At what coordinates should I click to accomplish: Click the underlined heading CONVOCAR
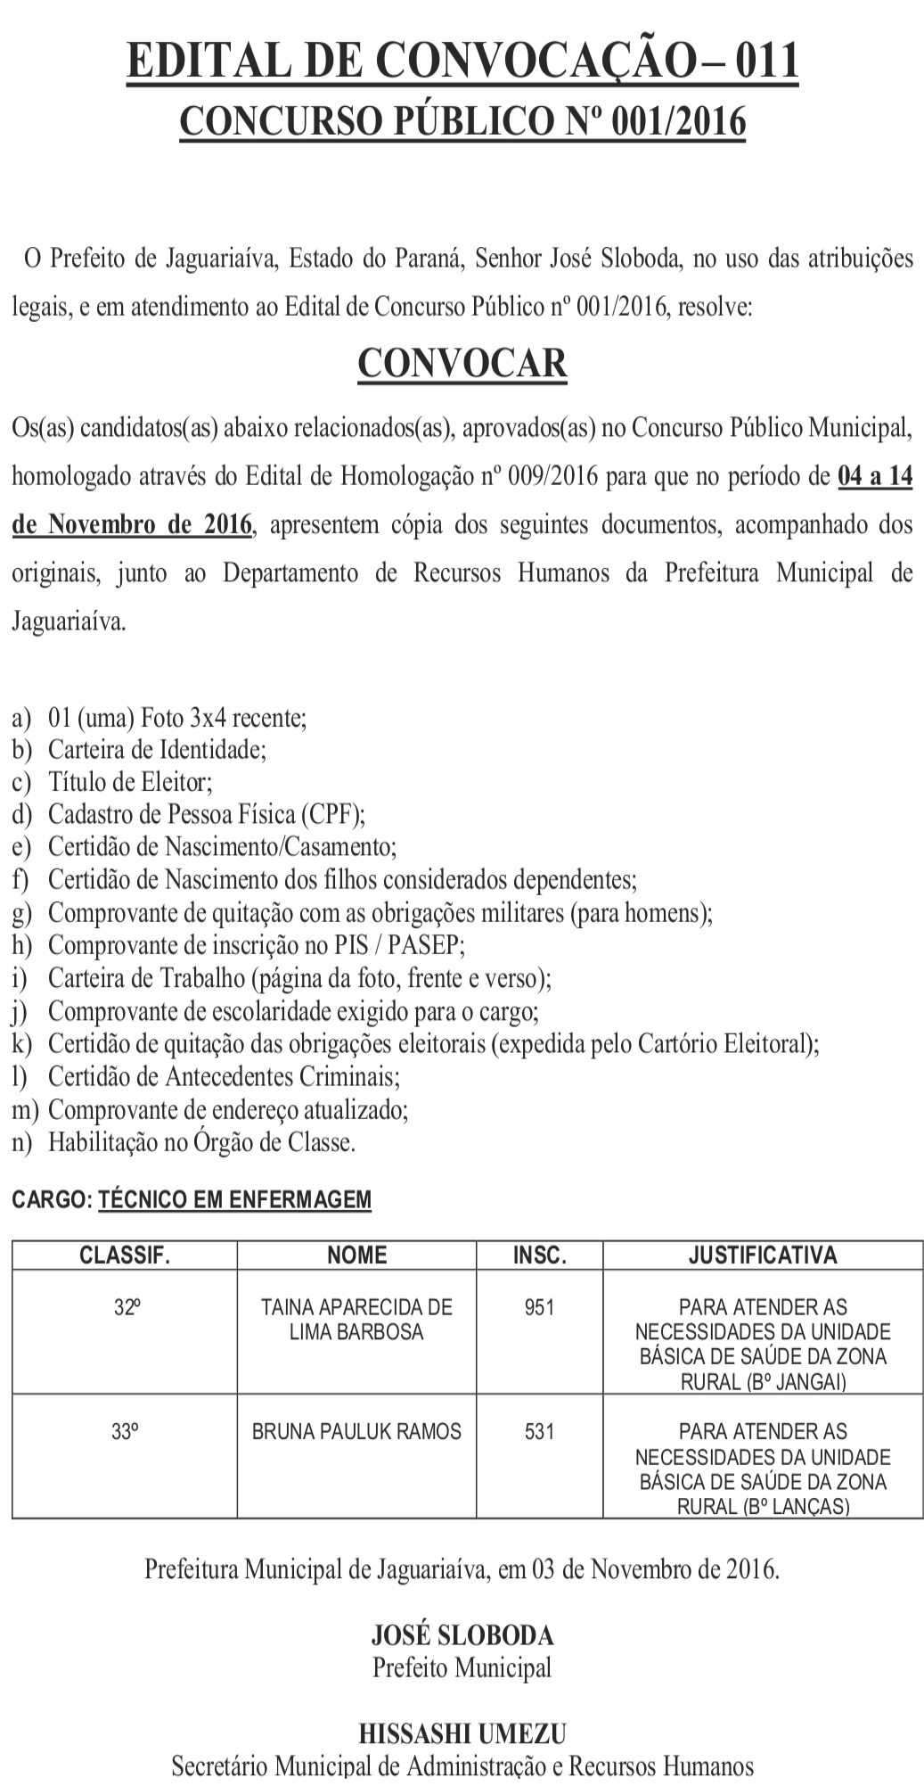462,363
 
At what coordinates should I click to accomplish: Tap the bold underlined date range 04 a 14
875,476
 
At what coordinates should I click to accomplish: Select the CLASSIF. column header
125,1255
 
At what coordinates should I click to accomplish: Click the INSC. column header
539,1255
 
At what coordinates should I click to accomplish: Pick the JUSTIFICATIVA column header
763,1255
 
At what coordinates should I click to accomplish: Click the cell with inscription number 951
539,1307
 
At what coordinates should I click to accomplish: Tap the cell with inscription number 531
539,1432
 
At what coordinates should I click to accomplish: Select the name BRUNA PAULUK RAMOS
356,1432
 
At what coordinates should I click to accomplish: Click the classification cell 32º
125,1307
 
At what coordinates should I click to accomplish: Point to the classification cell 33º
125,1432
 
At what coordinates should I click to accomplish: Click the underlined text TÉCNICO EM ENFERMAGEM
234,1200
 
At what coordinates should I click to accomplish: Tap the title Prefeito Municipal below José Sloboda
462,1667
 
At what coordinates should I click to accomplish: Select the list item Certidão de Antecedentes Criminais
224,1077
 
